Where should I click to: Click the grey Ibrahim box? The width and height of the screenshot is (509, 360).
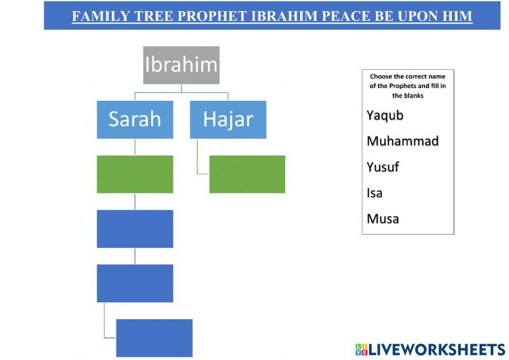[x=181, y=65]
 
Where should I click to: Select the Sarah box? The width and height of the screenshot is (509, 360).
[x=135, y=120]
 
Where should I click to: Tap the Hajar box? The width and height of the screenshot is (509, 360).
[x=228, y=120]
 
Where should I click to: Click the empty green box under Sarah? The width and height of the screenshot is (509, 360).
[x=135, y=174]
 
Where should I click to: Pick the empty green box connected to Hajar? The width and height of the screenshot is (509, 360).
[x=247, y=174]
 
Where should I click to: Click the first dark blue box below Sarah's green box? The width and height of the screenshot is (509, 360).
[x=135, y=229]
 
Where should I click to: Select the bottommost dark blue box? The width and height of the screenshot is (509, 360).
[x=154, y=338]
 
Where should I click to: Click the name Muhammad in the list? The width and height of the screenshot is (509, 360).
[x=403, y=141]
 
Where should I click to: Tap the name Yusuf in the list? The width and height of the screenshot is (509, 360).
[x=383, y=167]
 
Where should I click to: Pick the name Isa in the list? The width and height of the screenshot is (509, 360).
[x=374, y=193]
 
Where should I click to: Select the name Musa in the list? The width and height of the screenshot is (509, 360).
[x=383, y=219]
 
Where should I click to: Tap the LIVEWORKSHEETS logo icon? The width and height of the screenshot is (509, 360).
[x=361, y=349]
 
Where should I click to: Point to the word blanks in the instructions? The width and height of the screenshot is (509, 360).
[x=413, y=95]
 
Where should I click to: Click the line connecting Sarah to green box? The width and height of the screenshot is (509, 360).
[x=135, y=147]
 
